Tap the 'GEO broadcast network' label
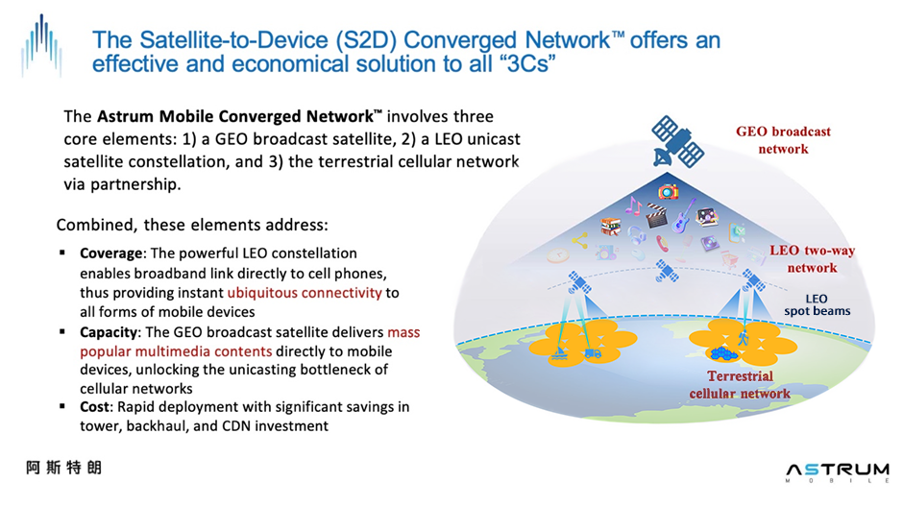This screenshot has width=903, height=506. tap(784, 139)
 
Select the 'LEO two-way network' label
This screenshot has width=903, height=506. tap(812, 259)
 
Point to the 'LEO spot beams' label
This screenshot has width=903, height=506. tap(816, 304)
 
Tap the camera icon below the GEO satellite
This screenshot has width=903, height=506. tap(668, 192)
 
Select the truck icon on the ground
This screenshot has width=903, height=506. tap(593, 353)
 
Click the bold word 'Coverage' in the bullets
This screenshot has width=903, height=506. tap(110, 253)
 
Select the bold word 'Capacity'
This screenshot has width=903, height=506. tap(110, 332)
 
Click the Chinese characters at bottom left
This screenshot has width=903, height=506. tap(64, 468)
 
